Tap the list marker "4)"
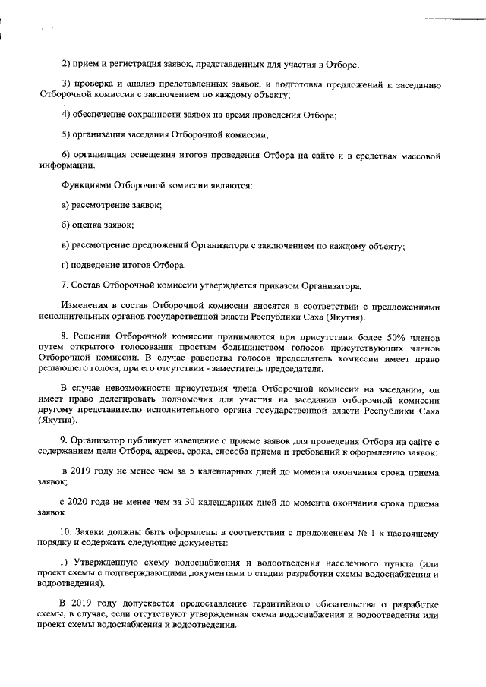point(65,115)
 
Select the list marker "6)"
point(65,156)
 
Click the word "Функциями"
point(86,184)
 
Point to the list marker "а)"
point(65,205)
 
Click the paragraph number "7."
point(65,286)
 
